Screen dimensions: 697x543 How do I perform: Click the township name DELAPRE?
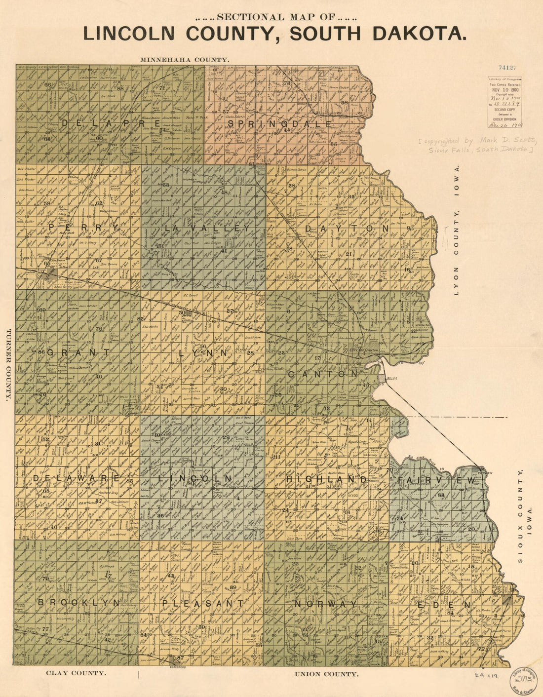click(x=111, y=123)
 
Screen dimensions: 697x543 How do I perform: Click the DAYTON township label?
click(x=347, y=229)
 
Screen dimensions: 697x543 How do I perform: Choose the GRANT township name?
click(x=79, y=352)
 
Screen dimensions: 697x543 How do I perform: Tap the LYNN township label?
click(x=203, y=353)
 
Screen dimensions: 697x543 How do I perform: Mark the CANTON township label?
click(x=322, y=374)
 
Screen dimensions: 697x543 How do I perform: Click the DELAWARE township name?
click(x=77, y=478)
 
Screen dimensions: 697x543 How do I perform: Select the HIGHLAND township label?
click(x=326, y=479)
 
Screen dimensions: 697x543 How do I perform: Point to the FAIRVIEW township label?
click(x=437, y=480)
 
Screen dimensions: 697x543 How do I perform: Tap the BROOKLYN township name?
click(x=79, y=603)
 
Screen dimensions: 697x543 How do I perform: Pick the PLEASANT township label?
click(x=203, y=603)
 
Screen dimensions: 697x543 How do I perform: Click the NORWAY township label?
click(x=325, y=604)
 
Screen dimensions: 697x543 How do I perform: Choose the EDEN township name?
click(x=444, y=605)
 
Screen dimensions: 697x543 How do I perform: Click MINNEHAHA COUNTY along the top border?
click(x=185, y=59)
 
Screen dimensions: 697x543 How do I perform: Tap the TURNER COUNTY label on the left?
click(x=8, y=365)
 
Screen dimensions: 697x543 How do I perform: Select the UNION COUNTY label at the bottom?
click(x=326, y=674)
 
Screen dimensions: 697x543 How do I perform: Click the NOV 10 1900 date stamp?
click(x=505, y=90)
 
